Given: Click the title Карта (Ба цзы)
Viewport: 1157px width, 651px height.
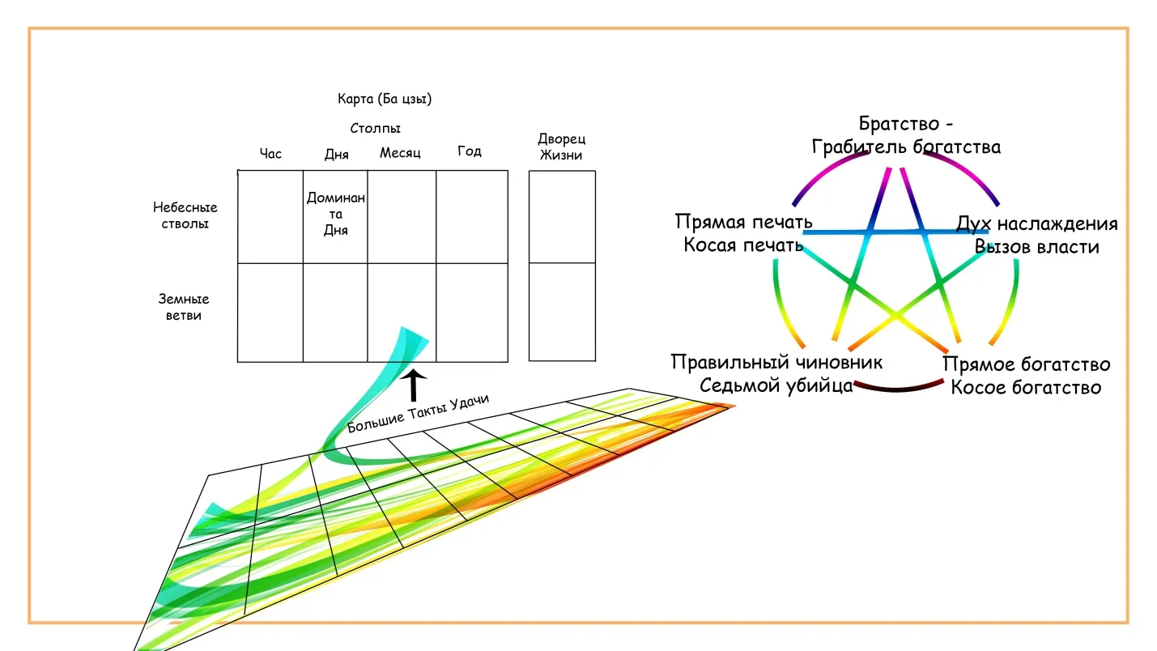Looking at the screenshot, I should (384, 100).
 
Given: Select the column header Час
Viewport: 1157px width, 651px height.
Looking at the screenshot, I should (270, 153).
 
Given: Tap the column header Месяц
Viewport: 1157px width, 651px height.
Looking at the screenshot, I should (400, 152).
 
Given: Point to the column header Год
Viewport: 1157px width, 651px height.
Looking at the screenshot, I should (470, 151).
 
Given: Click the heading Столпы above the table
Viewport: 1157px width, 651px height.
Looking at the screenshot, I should (376, 128).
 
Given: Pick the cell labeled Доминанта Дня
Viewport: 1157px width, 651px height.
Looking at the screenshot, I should (336, 214).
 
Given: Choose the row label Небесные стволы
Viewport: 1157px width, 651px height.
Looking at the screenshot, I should (185, 215).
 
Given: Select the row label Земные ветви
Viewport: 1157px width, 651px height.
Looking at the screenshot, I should (184, 307).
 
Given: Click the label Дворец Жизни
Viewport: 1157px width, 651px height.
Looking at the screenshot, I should (561, 147).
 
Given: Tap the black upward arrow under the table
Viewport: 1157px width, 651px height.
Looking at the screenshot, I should (414, 385).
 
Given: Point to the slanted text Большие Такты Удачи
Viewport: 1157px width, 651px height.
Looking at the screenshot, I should (418, 413).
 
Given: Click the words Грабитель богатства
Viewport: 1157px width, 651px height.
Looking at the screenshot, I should (906, 147).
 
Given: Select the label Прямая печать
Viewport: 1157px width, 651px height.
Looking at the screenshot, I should (743, 222).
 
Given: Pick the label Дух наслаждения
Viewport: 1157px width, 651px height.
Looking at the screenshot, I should (1036, 223).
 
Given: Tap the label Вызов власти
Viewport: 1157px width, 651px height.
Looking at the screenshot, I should (1036, 246).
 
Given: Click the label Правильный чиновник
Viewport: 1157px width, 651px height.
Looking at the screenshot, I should (776, 362).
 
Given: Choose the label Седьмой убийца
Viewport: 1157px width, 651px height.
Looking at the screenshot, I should (776, 385).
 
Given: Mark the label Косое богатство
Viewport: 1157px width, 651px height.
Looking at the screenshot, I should (1025, 387).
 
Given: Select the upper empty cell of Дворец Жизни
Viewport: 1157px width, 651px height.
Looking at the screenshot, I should (562, 216).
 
